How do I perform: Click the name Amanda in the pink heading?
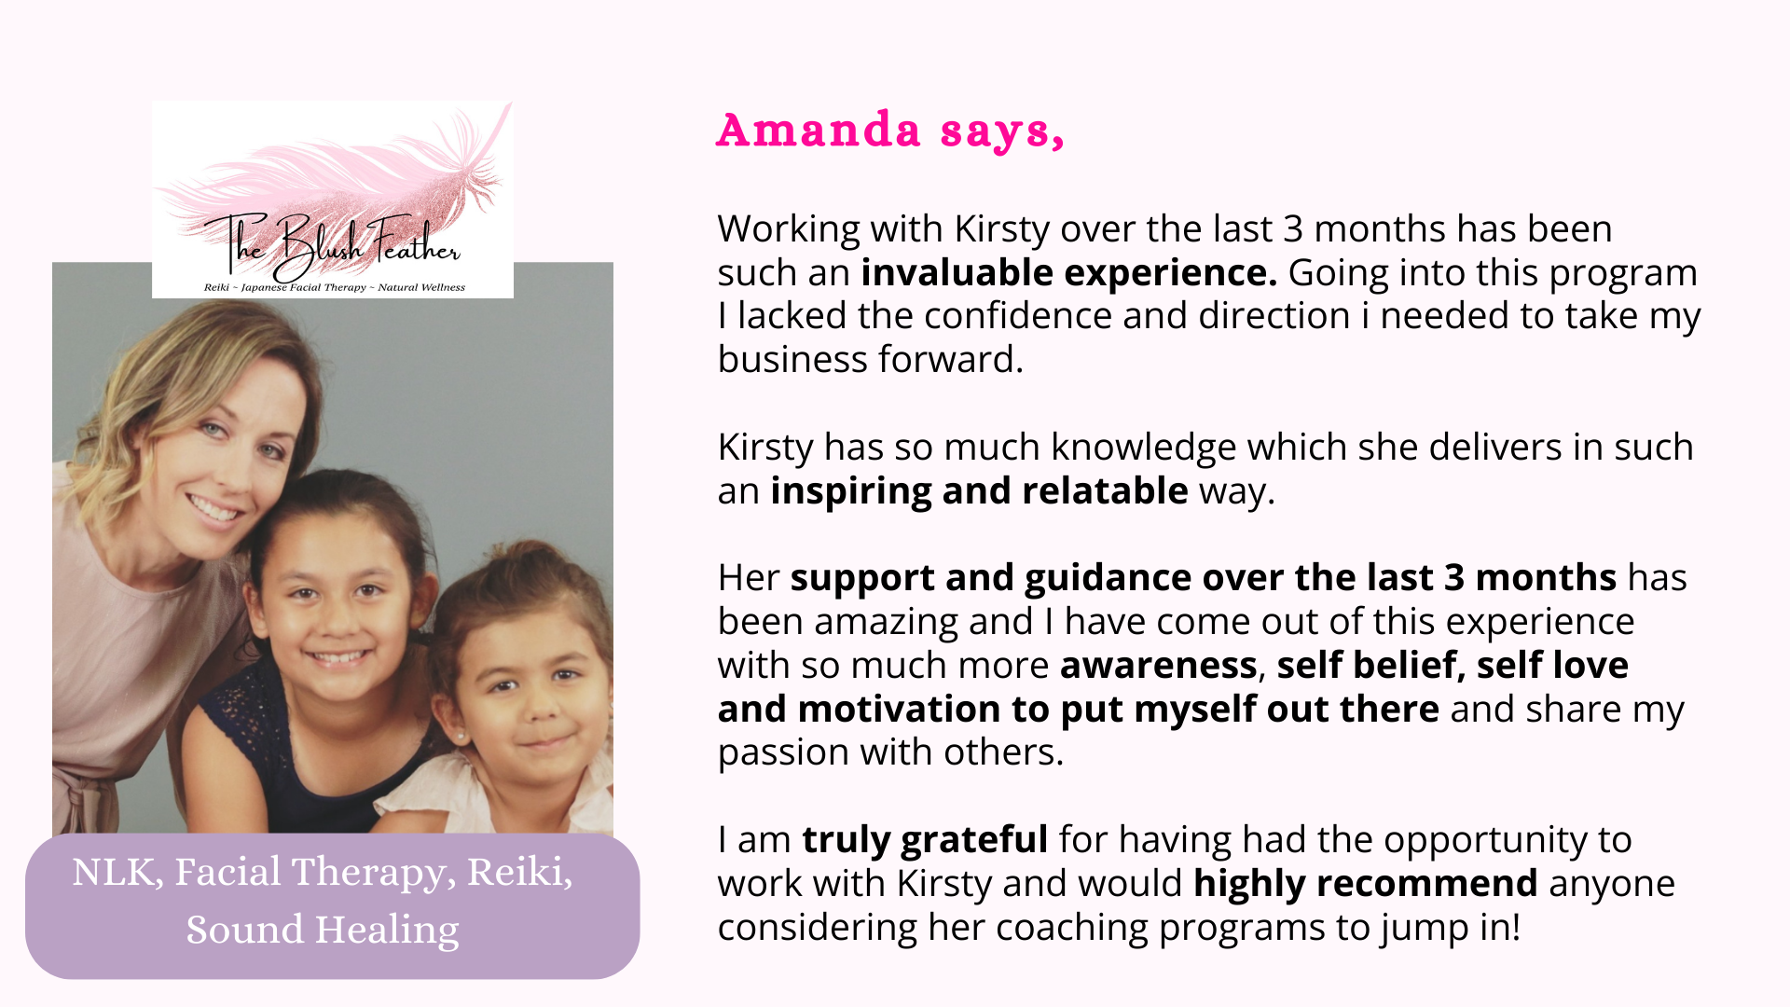819,130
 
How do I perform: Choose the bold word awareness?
1159,666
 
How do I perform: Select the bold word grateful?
974,840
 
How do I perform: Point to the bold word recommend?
1427,883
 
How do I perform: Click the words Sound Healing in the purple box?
323,930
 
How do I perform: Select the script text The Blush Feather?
332,244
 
